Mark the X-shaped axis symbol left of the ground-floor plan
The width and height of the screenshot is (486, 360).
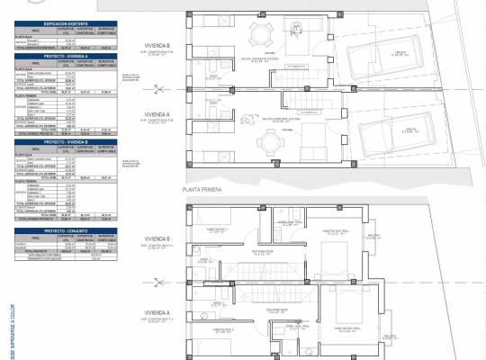[159, 88]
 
